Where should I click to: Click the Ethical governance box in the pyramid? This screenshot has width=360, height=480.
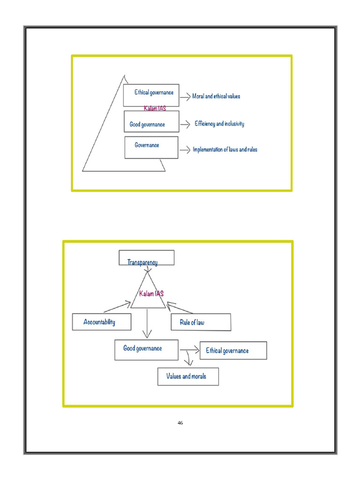[x=151, y=96]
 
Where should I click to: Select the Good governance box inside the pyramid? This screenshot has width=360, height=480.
[x=151, y=121]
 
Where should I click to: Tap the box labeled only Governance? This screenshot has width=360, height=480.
[x=151, y=148]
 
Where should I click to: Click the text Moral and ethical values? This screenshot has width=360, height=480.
[x=216, y=96]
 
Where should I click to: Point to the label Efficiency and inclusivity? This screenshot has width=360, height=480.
[x=219, y=124]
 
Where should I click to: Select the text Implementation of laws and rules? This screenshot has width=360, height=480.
[x=225, y=150]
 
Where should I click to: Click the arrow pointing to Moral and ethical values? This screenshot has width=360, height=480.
[x=185, y=97]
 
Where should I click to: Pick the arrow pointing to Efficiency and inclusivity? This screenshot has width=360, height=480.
[x=185, y=124]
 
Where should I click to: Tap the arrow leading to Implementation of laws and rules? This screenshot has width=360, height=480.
[x=185, y=150]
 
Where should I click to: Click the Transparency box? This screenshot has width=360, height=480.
[x=147, y=258]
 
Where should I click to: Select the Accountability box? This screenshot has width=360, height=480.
[x=102, y=322]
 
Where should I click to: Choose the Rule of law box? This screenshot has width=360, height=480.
[x=201, y=322]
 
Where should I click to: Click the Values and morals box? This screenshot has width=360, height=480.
[x=188, y=376]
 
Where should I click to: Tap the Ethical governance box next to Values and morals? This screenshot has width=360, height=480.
[x=233, y=351]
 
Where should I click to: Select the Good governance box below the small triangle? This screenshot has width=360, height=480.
[x=146, y=350]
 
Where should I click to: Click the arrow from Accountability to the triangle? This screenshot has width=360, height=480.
[x=117, y=307]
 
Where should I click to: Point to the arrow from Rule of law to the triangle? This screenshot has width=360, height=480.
[x=180, y=307]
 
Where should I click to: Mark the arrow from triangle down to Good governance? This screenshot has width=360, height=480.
[x=147, y=323]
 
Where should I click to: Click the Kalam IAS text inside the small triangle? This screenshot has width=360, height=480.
[x=151, y=294]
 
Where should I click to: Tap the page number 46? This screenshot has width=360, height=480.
[x=180, y=423]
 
